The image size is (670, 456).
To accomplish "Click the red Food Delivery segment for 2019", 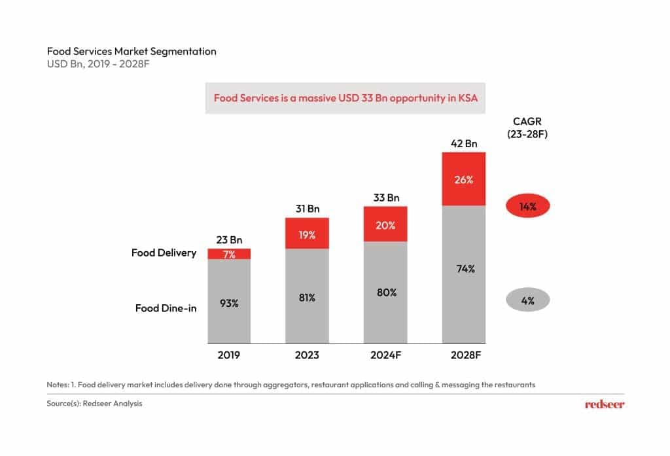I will pos(229,254).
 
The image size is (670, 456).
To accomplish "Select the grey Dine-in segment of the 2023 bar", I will pos(307,296).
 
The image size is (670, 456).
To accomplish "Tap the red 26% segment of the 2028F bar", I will pos(464,179).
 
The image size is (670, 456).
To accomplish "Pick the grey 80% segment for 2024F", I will pos(386,292).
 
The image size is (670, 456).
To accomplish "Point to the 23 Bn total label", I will pos(229,239).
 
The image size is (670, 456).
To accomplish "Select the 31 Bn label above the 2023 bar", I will pos(307,209).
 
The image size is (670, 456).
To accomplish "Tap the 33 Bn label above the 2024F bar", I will pos(386,198).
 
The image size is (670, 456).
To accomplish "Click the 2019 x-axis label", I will pos(229,355).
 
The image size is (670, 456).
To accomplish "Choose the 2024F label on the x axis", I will pos(386,355).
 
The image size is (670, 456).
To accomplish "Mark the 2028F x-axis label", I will pos(464,355).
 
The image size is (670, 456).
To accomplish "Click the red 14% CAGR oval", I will pos(528,207).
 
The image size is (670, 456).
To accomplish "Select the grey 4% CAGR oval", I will pos(528,301).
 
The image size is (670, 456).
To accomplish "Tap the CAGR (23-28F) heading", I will pos(528,128).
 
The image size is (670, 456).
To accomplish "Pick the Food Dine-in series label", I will pos(166,307).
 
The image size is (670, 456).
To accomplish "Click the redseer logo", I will pos(604,404).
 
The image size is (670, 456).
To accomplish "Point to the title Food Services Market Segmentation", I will pos(131,51).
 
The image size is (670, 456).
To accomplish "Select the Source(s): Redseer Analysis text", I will pos(94,404).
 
